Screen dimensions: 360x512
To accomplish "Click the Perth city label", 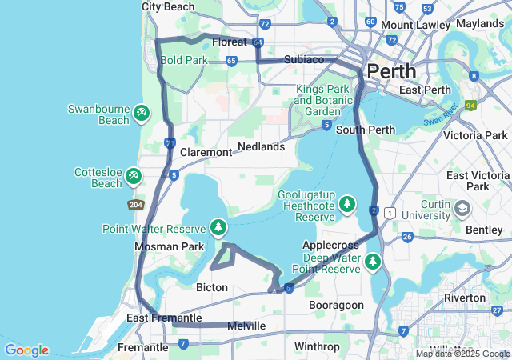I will pyautogui.click(x=391, y=70).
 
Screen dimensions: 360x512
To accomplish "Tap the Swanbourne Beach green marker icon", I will pyautogui.click(x=141, y=113).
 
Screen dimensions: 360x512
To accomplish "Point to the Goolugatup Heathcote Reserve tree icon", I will pyautogui.click(x=347, y=206).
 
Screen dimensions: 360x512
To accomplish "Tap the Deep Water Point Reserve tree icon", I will pyautogui.click(x=372, y=262).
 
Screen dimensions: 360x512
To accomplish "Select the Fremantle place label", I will pyautogui.click(x=142, y=348).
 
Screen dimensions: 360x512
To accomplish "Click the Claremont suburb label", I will pyautogui.click(x=206, y=152).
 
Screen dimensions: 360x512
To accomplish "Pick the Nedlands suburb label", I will pyautogui.click(x=261, y=147).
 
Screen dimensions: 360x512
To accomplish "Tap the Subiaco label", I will pyautogui.click(x=304, y=60).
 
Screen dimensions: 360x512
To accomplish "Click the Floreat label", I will pyautogui.click(x=229, y=42).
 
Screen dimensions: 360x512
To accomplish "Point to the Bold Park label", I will pyautogui.click(x=183, y=60).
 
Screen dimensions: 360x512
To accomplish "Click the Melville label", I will pyautogui.click(x=246, y=326).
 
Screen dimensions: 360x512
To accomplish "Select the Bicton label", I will pyautogui.click(x=212, y=287).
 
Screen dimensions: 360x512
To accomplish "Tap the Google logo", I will pyautogui.click(x=26, y=350).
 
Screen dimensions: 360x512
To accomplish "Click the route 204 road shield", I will pyautogui.click(x=136, y=206).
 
